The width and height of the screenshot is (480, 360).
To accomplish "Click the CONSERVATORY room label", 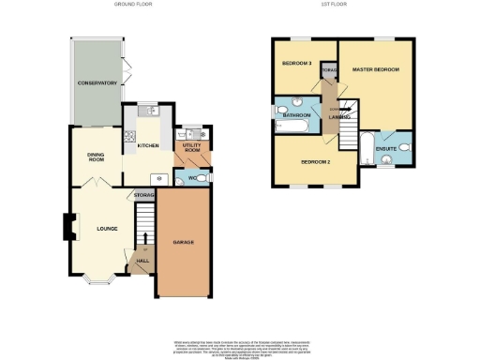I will coord(97,83).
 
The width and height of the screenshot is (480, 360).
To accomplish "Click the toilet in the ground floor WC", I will coord(205,176).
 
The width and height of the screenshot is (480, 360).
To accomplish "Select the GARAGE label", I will coord(183,242).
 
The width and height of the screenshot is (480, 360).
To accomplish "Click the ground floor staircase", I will coord(143,226).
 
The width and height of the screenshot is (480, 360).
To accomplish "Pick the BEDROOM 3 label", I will coord(297,64).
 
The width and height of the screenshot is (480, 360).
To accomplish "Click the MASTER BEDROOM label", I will coord(375,70).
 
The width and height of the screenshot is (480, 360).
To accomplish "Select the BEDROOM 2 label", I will coord(316,161).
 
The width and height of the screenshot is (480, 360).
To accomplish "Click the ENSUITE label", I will coord(385,147).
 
